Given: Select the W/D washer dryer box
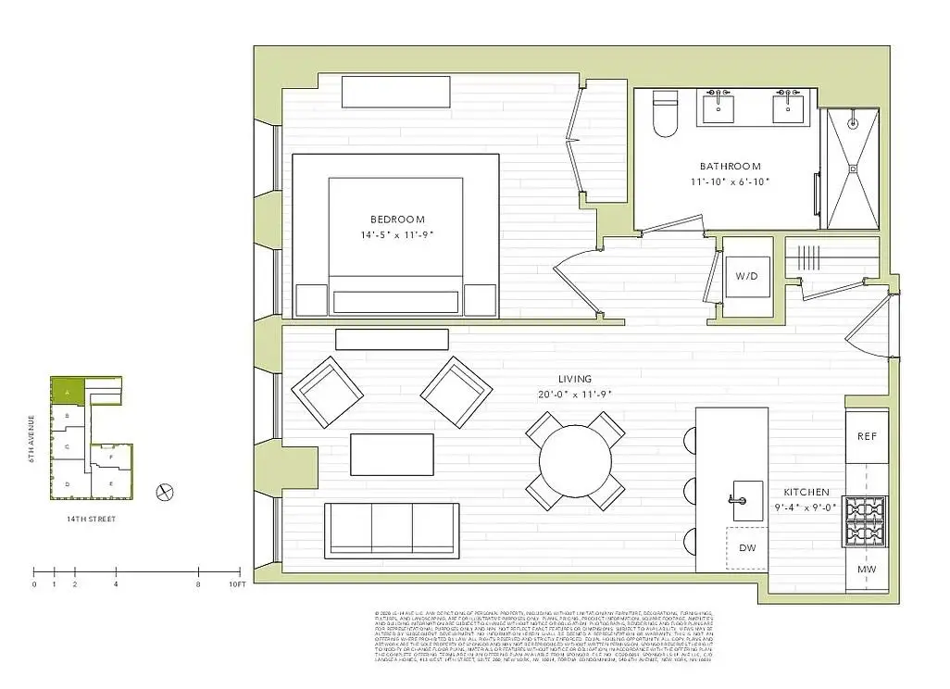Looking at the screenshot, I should click(746, 276).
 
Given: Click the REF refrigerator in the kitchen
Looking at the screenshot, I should click(867, 436).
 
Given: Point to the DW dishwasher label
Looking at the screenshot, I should click(747, 548).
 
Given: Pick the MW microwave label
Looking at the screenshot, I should click(867, 569).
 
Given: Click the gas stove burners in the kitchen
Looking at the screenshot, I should click(867, 522).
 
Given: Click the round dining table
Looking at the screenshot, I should click(575, 460).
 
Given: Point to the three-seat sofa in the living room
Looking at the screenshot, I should click(392, 530).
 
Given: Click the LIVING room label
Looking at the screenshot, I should click(574, 379).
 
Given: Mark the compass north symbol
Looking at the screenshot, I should click(167, 492).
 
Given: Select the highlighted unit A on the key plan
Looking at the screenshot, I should click(67, 392).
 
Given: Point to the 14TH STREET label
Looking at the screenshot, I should click(91, 520).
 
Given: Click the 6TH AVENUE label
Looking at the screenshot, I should click(32, 440).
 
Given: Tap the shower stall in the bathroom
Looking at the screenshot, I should click(851, 168).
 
